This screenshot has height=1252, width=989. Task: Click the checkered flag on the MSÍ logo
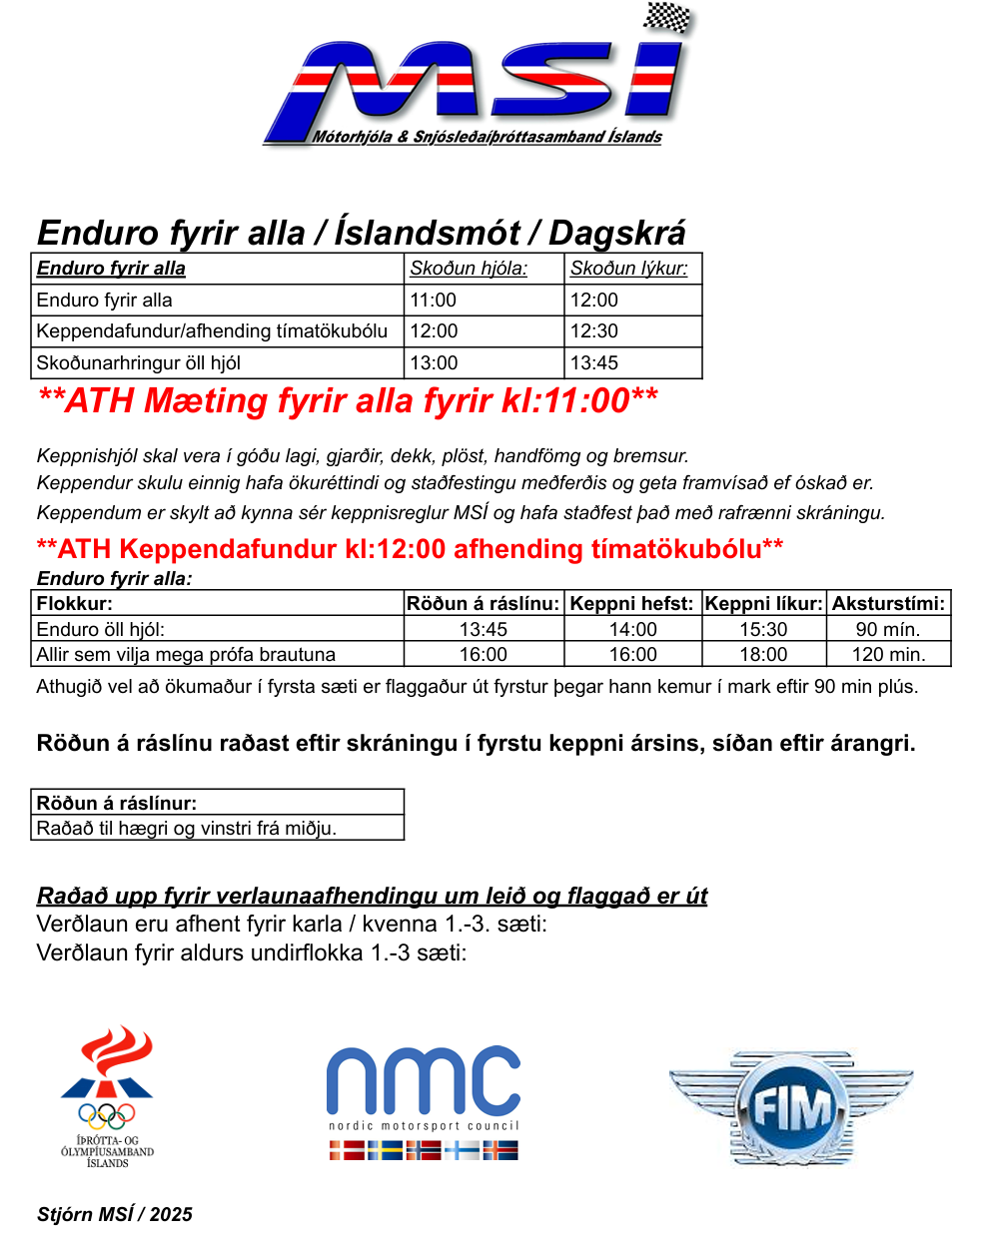point(667,18)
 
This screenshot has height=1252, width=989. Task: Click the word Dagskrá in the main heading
point(616,233)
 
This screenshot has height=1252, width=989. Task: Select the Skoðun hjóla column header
point(469,269)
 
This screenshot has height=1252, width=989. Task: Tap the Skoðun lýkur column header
point(628,269)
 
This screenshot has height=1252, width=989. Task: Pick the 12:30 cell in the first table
point(594,331)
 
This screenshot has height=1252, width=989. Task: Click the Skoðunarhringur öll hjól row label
point(138,363)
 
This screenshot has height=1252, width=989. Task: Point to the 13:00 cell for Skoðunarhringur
point(434,363)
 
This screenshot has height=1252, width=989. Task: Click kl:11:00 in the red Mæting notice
point(564,400)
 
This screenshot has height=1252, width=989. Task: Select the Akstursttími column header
point(888,604)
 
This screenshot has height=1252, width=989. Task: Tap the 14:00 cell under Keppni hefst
point(633,630)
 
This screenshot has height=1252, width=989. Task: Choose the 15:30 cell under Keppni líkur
point(763,630)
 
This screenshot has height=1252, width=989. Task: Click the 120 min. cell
point(888,655)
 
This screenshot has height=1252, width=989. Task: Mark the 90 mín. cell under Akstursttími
point(888,630)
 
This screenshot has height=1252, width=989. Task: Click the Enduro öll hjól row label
point(100,630)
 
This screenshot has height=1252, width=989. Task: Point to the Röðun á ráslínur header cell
point(117,803)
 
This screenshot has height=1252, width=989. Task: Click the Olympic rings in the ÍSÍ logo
point(107,1114)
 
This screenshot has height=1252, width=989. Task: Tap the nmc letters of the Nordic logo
point(424,1080)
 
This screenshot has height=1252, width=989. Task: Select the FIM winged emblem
point(791,1106)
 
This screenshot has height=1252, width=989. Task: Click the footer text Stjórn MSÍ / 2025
point(115,1215)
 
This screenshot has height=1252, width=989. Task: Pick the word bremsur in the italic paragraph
point(654,456)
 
